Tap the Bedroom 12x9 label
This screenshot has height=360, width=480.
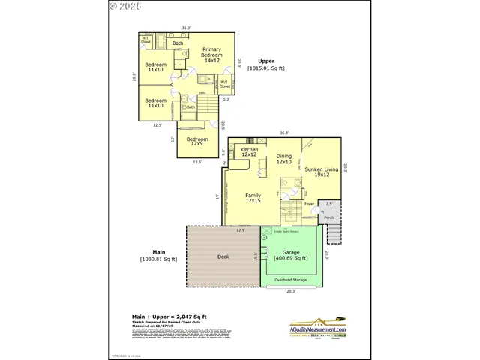(197, 141)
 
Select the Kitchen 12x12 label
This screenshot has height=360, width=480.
(249, 152)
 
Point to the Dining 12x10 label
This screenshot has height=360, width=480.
(283, 159)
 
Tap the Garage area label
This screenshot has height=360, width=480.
(291, 256)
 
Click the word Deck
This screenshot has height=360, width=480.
(223, 257)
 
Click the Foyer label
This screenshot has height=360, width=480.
(308, 203)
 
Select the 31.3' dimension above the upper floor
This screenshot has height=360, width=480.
(186, 28)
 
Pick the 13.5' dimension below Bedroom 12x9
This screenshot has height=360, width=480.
(197, 161)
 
